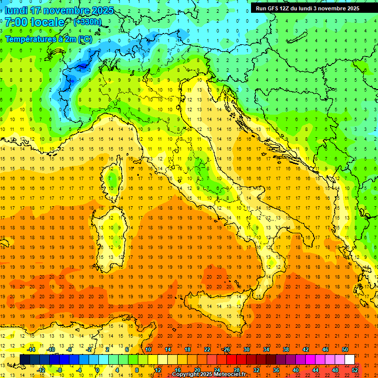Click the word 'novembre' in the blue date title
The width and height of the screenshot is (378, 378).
(x=66, y=10)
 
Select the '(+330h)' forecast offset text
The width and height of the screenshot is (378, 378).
(x=88, y=22)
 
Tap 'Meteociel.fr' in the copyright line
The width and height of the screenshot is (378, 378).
(x=227, y=375)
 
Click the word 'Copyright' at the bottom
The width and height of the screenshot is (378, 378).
(x=187, y=375)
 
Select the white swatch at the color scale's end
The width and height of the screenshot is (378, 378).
(x=349, y=359)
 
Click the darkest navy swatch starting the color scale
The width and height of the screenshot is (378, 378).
(x=25, y=359)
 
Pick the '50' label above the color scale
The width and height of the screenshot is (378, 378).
(x=345, y=349)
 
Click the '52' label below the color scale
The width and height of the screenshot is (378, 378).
(x=355, y=370)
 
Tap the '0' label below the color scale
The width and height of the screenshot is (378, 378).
(x=97, y=370)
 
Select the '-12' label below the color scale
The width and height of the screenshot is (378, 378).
(x=41, y=370)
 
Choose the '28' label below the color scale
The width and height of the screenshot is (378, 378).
(x=237, y=370)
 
